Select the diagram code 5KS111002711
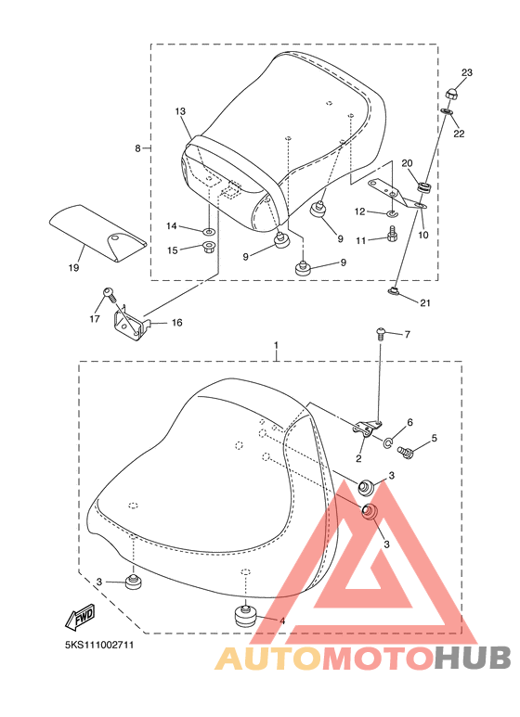tap(99, 646)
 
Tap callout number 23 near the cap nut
tap(466, 72)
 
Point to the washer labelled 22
tap(447, 111)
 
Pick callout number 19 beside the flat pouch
tap(73, 268)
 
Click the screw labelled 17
tap(110, 293)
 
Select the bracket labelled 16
tap(131, 324)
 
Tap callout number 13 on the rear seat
tap(180, 111)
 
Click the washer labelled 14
tap(208, 229)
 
